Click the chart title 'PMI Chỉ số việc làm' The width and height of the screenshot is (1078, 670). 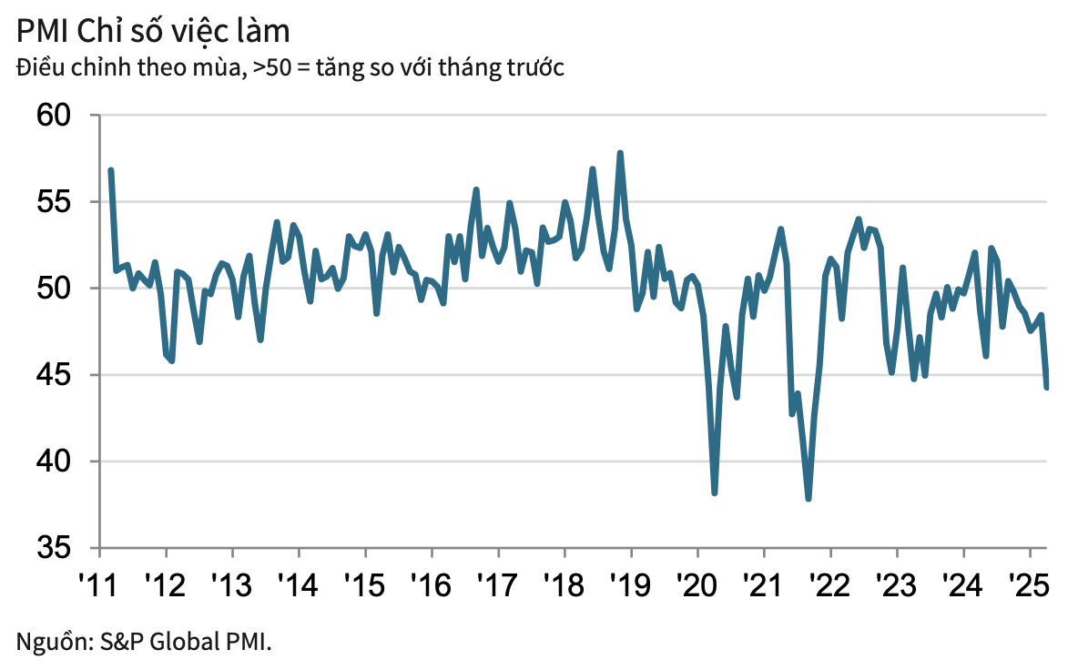152,31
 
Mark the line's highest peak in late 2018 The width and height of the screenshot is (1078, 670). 620,153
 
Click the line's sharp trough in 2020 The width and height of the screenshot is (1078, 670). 715,493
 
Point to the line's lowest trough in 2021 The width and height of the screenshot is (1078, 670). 808,499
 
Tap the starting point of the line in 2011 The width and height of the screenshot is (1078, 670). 110,170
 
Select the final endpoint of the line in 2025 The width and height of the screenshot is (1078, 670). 1047,387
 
